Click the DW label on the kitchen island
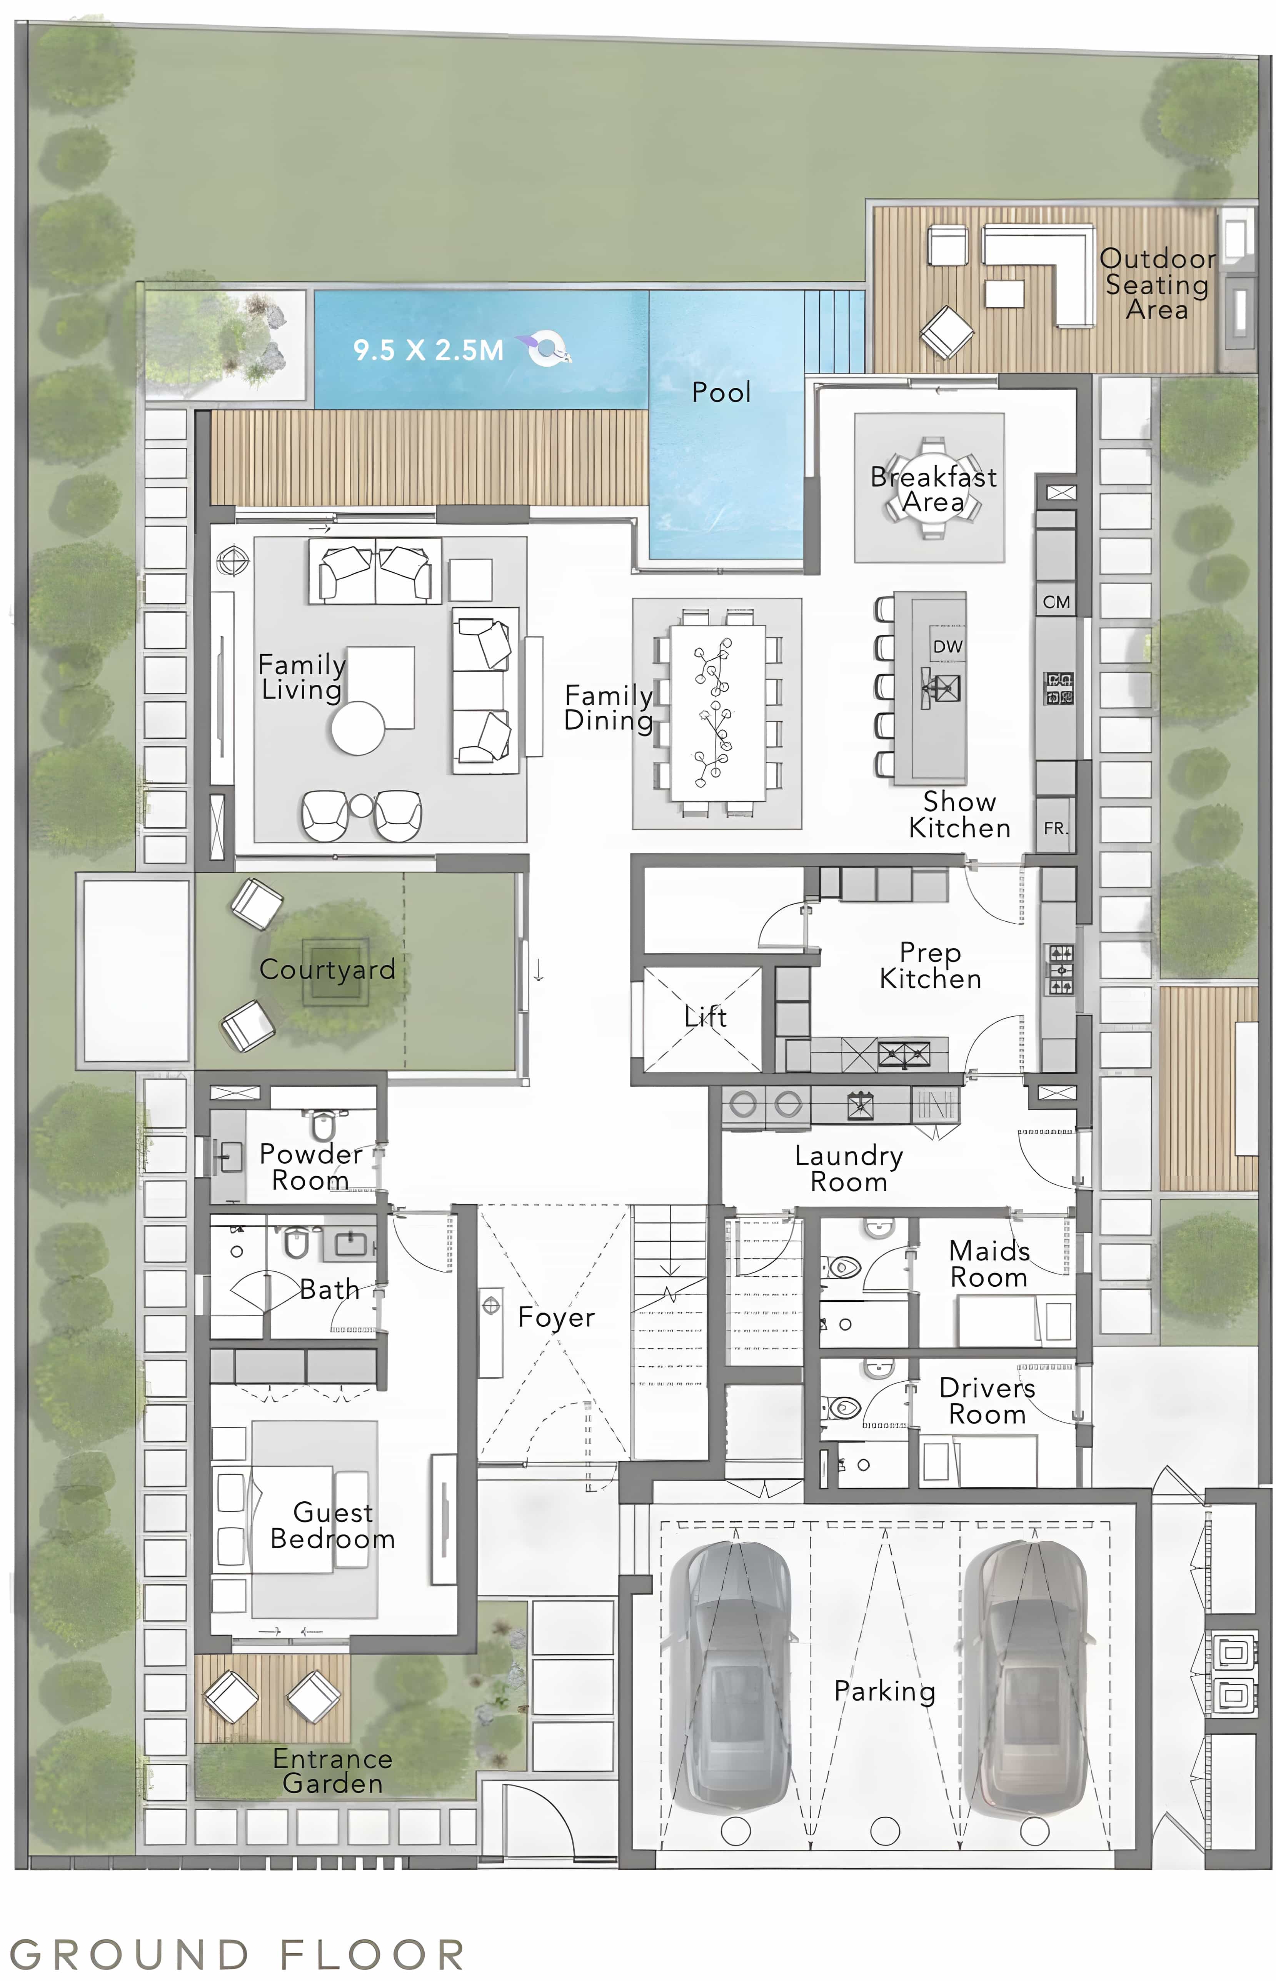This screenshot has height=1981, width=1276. tap(947, 646)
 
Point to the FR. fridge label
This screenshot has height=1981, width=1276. tap(1055, 828)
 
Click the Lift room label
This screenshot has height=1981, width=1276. tap(705, 1017)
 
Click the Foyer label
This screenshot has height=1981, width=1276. tap(556, 1317)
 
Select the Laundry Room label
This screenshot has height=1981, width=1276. tap(849, 1168)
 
